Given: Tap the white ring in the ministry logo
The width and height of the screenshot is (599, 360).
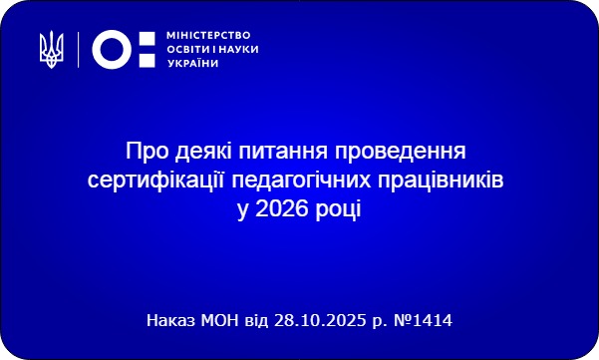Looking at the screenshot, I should pos(111,48).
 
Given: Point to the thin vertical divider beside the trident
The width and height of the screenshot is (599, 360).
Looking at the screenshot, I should pos(78,47).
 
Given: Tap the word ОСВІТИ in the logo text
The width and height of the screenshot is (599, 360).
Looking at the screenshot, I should pos(183,48).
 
